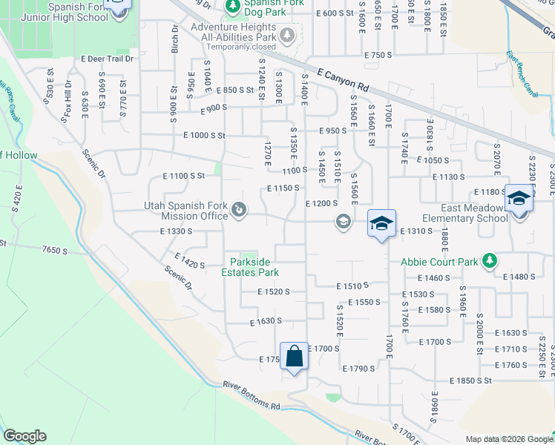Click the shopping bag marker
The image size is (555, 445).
coord(295,356)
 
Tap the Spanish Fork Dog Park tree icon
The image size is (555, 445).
coord(232,7)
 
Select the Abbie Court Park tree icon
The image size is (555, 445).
coord(489,260)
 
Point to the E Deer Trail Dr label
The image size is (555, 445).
coord(107,59)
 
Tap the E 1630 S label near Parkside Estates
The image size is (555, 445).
coord(266,322)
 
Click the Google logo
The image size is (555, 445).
coord(24,436)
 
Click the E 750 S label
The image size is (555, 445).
coord(377,55)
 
